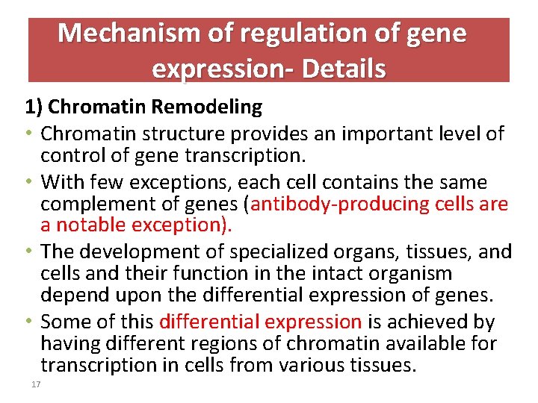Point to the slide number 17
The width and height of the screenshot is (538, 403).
pos(34,384)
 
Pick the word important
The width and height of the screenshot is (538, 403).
pos(389,134)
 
